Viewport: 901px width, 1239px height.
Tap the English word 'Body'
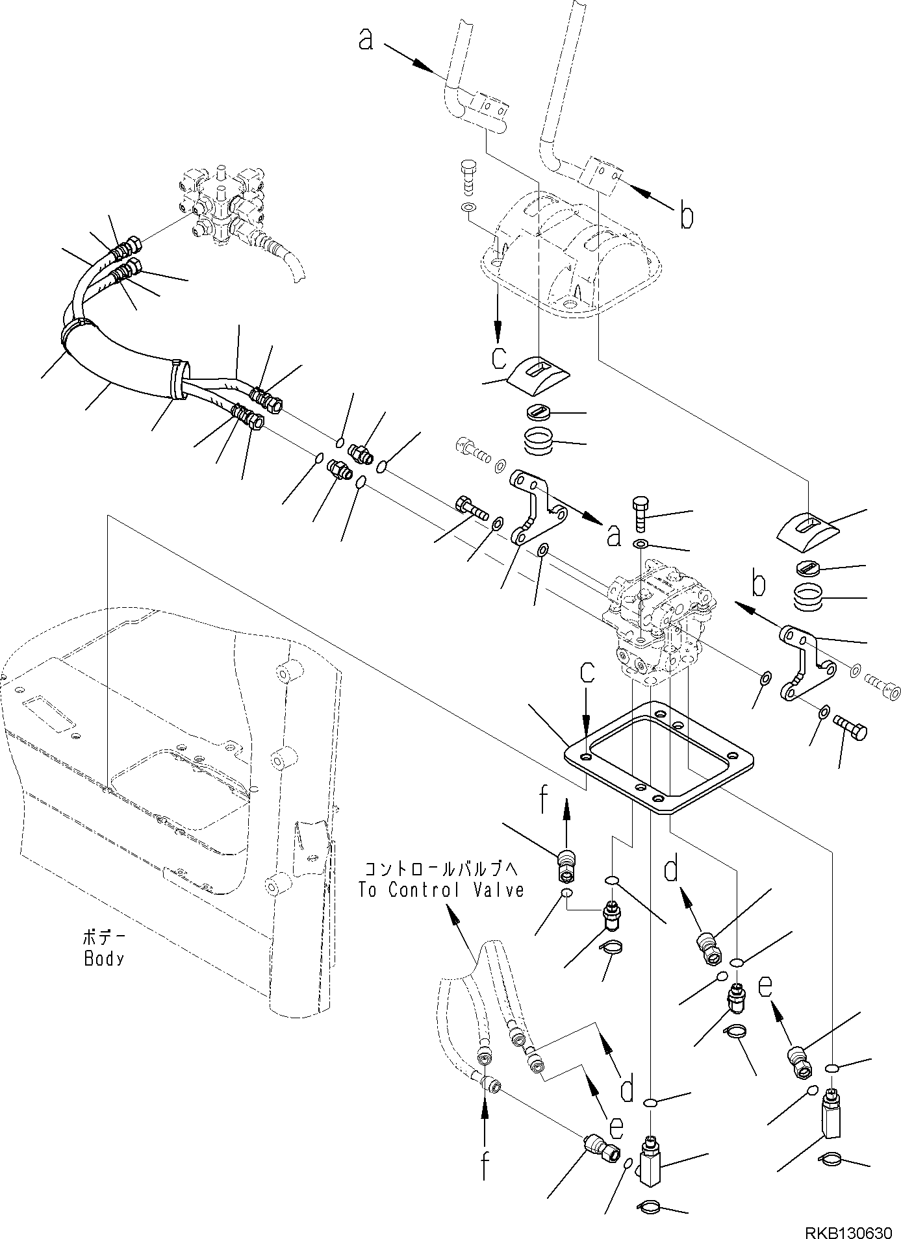tap(105, 958)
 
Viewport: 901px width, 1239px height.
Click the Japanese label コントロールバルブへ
tap(442, 869)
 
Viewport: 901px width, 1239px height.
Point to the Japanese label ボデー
tap(105, 938)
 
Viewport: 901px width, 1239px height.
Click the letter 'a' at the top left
tap(366, 40)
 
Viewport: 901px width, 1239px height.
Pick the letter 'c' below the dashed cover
tap(498, 358)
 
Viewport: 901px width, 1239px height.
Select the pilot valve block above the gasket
tap(659, 623)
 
